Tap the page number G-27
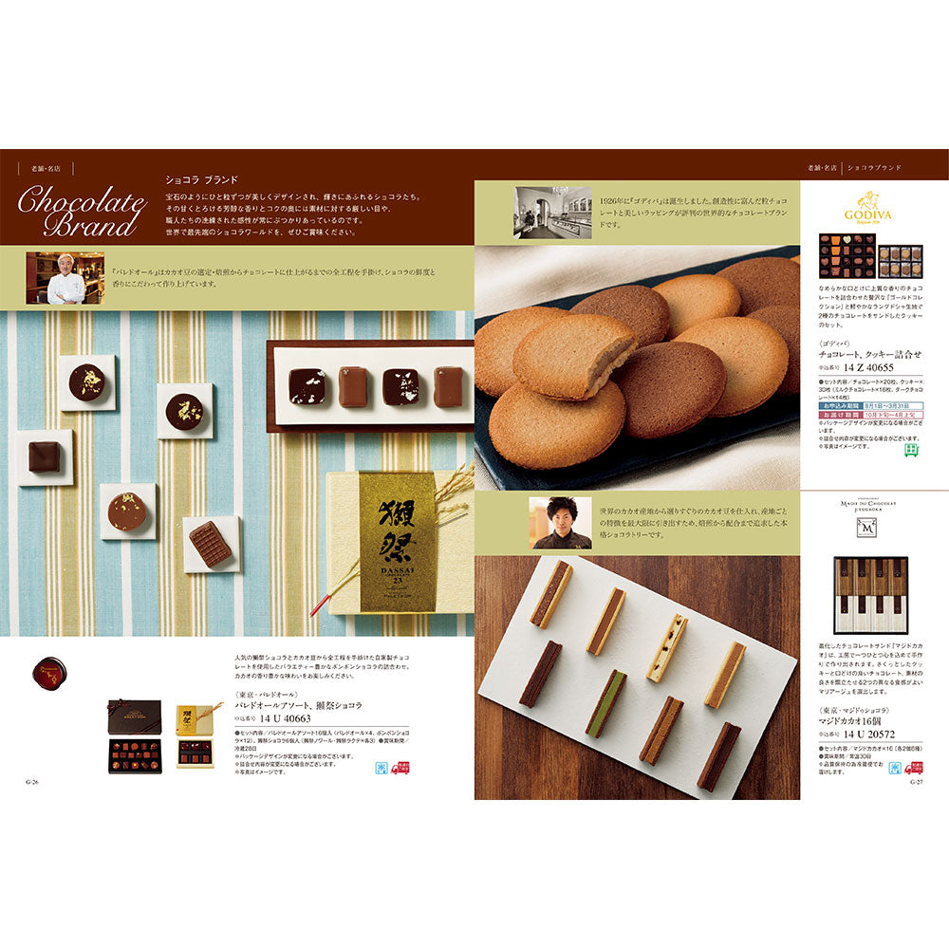coord(916,782)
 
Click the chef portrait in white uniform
coord(65,277)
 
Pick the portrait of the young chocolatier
coord(561,523)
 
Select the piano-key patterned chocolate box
coord(870,595)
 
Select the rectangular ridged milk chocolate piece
coord(211,544)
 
